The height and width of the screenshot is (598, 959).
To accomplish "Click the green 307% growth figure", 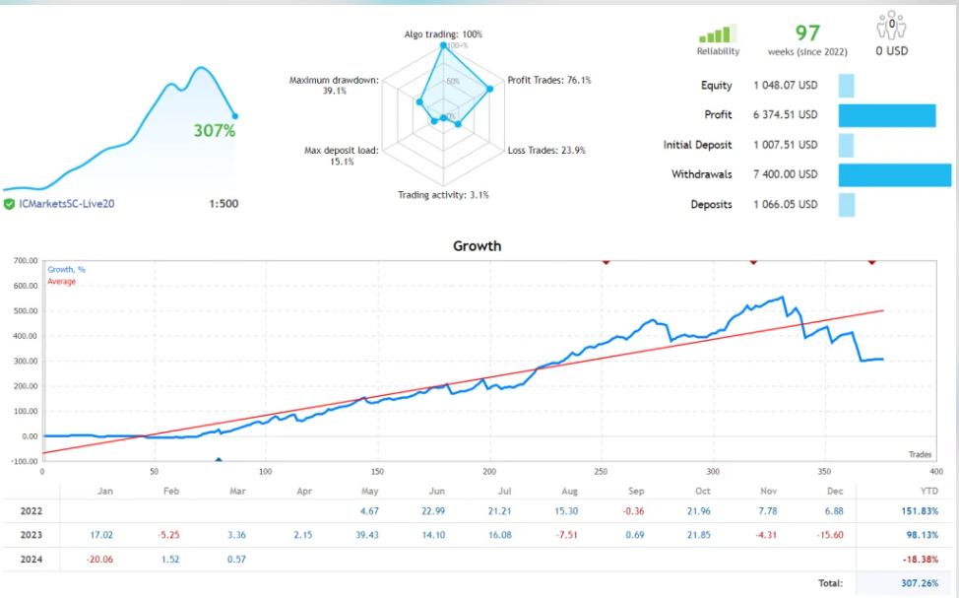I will coord(214,130).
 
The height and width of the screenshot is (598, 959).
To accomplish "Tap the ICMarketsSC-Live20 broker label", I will coord(67,204).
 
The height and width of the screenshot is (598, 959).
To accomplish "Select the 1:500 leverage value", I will coord(224,204).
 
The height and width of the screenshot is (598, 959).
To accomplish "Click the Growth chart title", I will coord(477,245).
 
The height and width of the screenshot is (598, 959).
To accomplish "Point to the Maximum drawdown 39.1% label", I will coord(333,86).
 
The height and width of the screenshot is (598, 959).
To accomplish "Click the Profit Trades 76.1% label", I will coord(549,80).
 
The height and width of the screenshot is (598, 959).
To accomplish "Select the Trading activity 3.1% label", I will coord(443,195).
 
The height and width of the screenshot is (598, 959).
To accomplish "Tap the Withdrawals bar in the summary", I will coord(894,174).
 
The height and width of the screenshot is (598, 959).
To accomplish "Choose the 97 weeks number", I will coord(808,33).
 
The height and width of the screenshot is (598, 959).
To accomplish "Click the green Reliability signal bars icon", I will coord(719,34).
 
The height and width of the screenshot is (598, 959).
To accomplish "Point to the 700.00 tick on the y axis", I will coord(26,261).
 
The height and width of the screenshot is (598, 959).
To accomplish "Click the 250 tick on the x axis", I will coord(602,472).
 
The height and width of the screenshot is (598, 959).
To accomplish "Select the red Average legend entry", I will coord(62,282).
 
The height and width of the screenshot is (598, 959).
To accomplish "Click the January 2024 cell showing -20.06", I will coord(99,560).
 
